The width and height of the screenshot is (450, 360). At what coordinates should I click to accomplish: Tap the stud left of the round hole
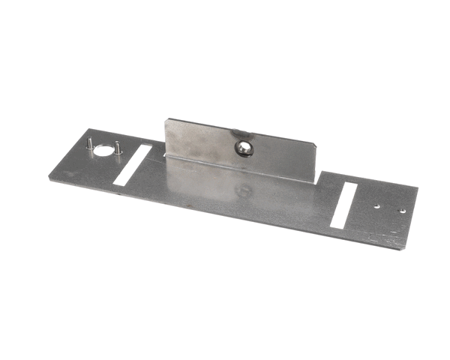88,143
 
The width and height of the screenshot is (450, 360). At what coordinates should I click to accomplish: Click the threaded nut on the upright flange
244,148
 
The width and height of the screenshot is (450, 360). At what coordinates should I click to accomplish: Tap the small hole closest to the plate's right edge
402,211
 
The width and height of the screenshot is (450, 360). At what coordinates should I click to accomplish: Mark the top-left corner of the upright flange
167,118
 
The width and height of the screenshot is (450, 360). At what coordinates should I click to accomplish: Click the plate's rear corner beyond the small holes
418,187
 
